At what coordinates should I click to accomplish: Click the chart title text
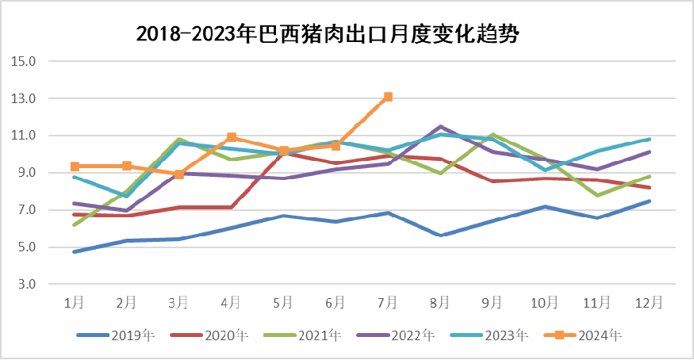pyautogui.click(x=332, y=33)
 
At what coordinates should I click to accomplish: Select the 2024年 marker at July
pyautogui.click(x=388, y=97)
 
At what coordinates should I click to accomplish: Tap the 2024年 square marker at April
pyautogui.click(x=232, y=137)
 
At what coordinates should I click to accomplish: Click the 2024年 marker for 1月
pyautogui.click(x=75, y=167)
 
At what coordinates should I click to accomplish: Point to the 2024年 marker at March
pyautogui.click(x=179, y=174)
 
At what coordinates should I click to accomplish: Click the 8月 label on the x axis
pyautogui.click(x=440, y=303)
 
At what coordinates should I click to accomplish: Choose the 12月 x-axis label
pyautogui.click(x=649, y=303)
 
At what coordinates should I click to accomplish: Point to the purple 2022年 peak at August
pyautogui.click(x=441, y=126)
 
